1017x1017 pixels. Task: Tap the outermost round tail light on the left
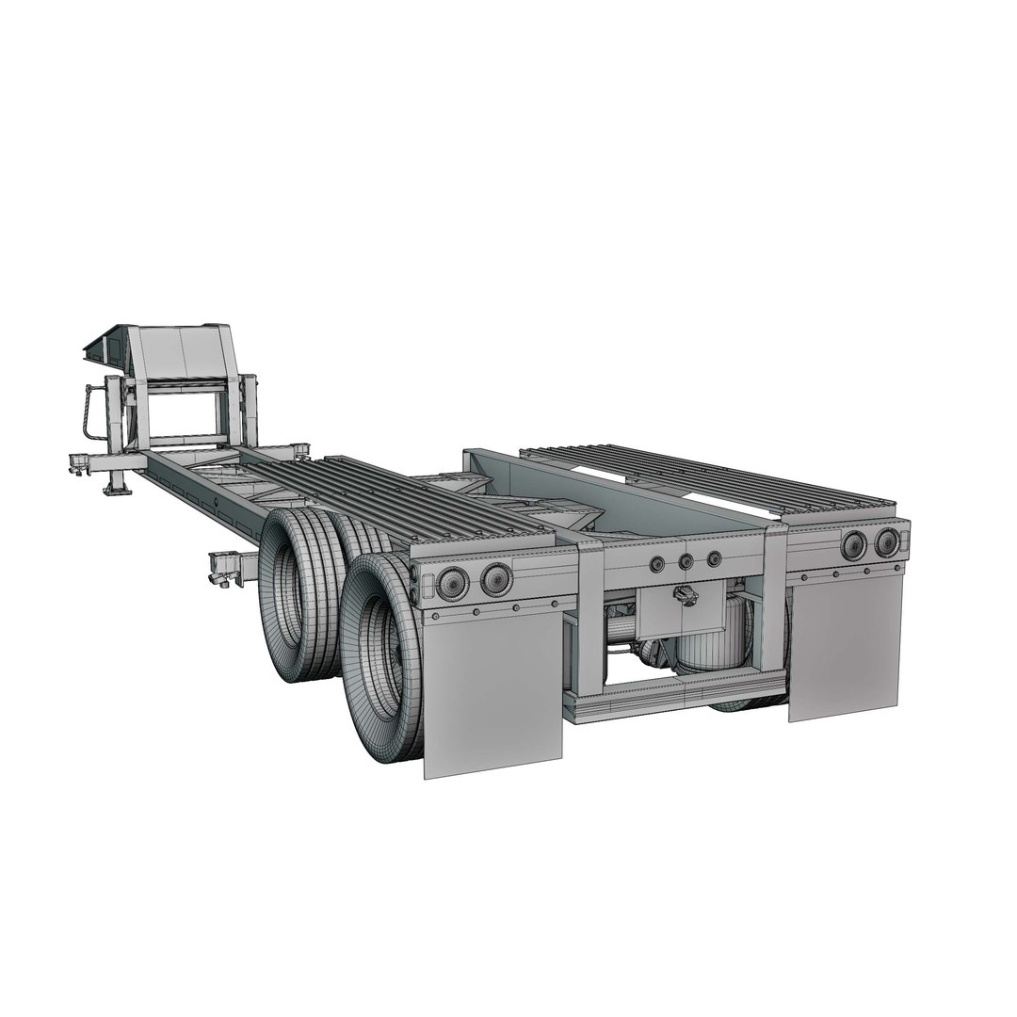(453, 585)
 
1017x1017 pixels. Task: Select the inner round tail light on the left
(496, 579)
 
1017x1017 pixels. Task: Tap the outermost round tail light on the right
(886, 541)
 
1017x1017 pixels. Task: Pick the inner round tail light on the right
(854, 545)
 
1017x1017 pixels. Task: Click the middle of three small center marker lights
(686, 561)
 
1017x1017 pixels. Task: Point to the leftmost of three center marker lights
(656, 564)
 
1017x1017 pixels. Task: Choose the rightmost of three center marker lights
(714, 558)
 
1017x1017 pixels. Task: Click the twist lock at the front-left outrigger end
(79, 463)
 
